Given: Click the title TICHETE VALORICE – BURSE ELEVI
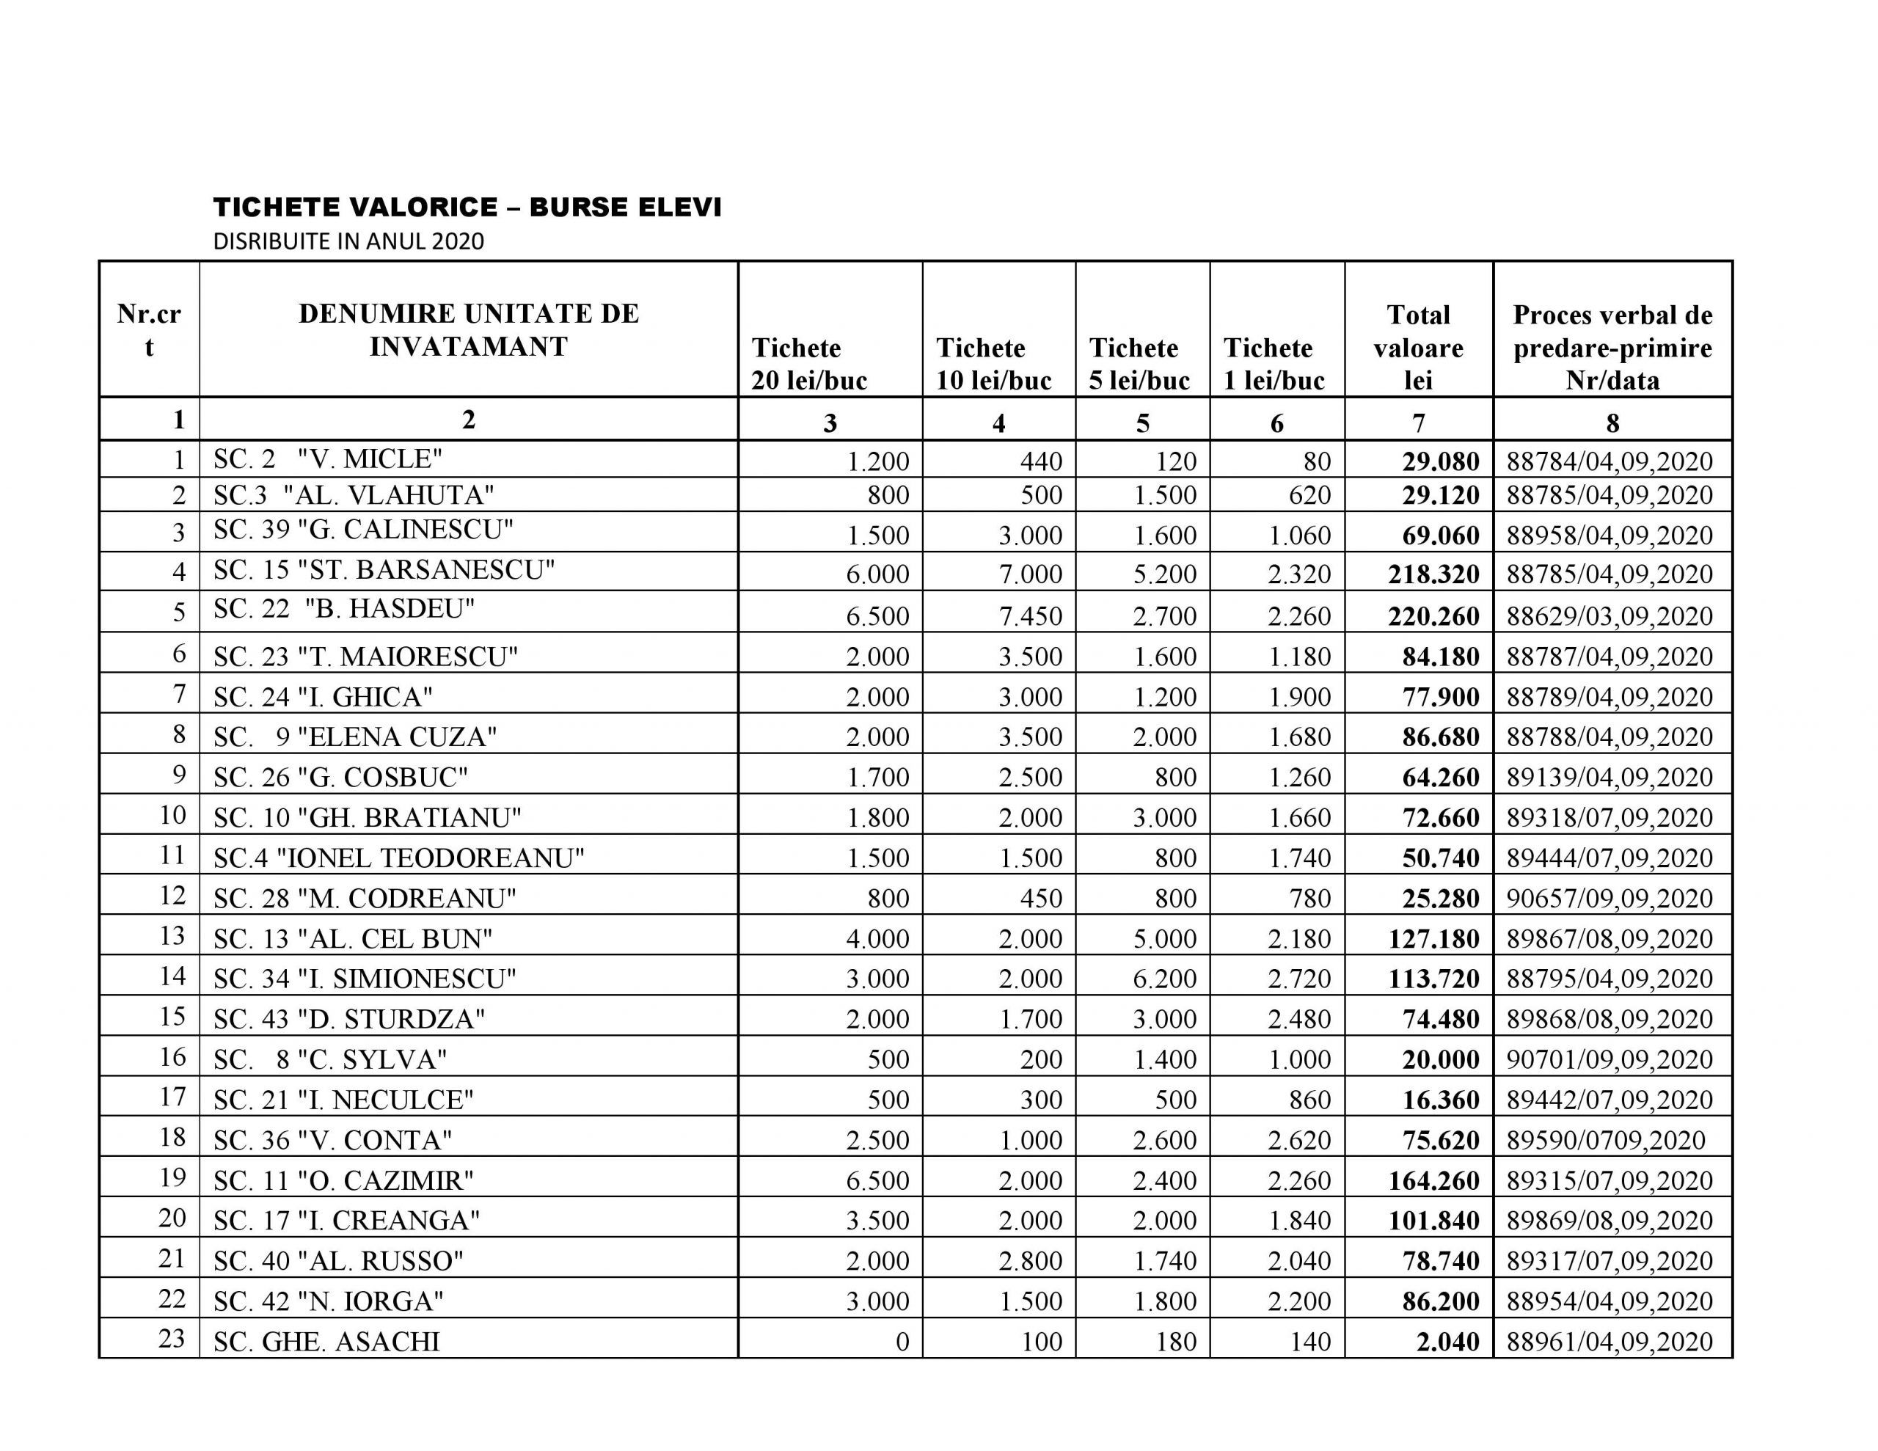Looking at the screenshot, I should click(467, 208).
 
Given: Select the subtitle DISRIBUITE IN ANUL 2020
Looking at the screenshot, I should click(348, 241).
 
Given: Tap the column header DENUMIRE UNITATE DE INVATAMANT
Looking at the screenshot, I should click(469, 329).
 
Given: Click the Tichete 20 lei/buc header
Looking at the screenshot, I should click(809, 364).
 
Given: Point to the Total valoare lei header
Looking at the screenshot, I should click(1418, 348).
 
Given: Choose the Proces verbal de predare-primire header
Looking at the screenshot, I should click(1612, 348).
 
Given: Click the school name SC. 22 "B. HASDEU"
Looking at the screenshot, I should click(344, 609).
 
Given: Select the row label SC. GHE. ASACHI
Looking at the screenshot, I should click(326, 1342).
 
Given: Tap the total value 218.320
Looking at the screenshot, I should click(1433, 574).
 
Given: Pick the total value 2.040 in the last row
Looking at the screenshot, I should click(1448, 1342).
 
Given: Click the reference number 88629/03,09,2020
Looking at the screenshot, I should click(1610, 616).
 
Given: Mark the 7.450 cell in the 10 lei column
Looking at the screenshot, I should click(1030, 616).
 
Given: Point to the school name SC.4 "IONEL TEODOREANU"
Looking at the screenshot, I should click(399, 858).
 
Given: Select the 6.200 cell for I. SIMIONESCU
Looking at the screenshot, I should click(1164, 979).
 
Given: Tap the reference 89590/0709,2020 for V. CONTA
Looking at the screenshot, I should click(1605, 1141).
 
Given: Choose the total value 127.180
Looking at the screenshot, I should click(1433, 938).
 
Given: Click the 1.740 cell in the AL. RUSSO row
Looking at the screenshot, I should click(1164, 1261).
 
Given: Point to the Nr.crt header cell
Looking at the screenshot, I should click(149, 329).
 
